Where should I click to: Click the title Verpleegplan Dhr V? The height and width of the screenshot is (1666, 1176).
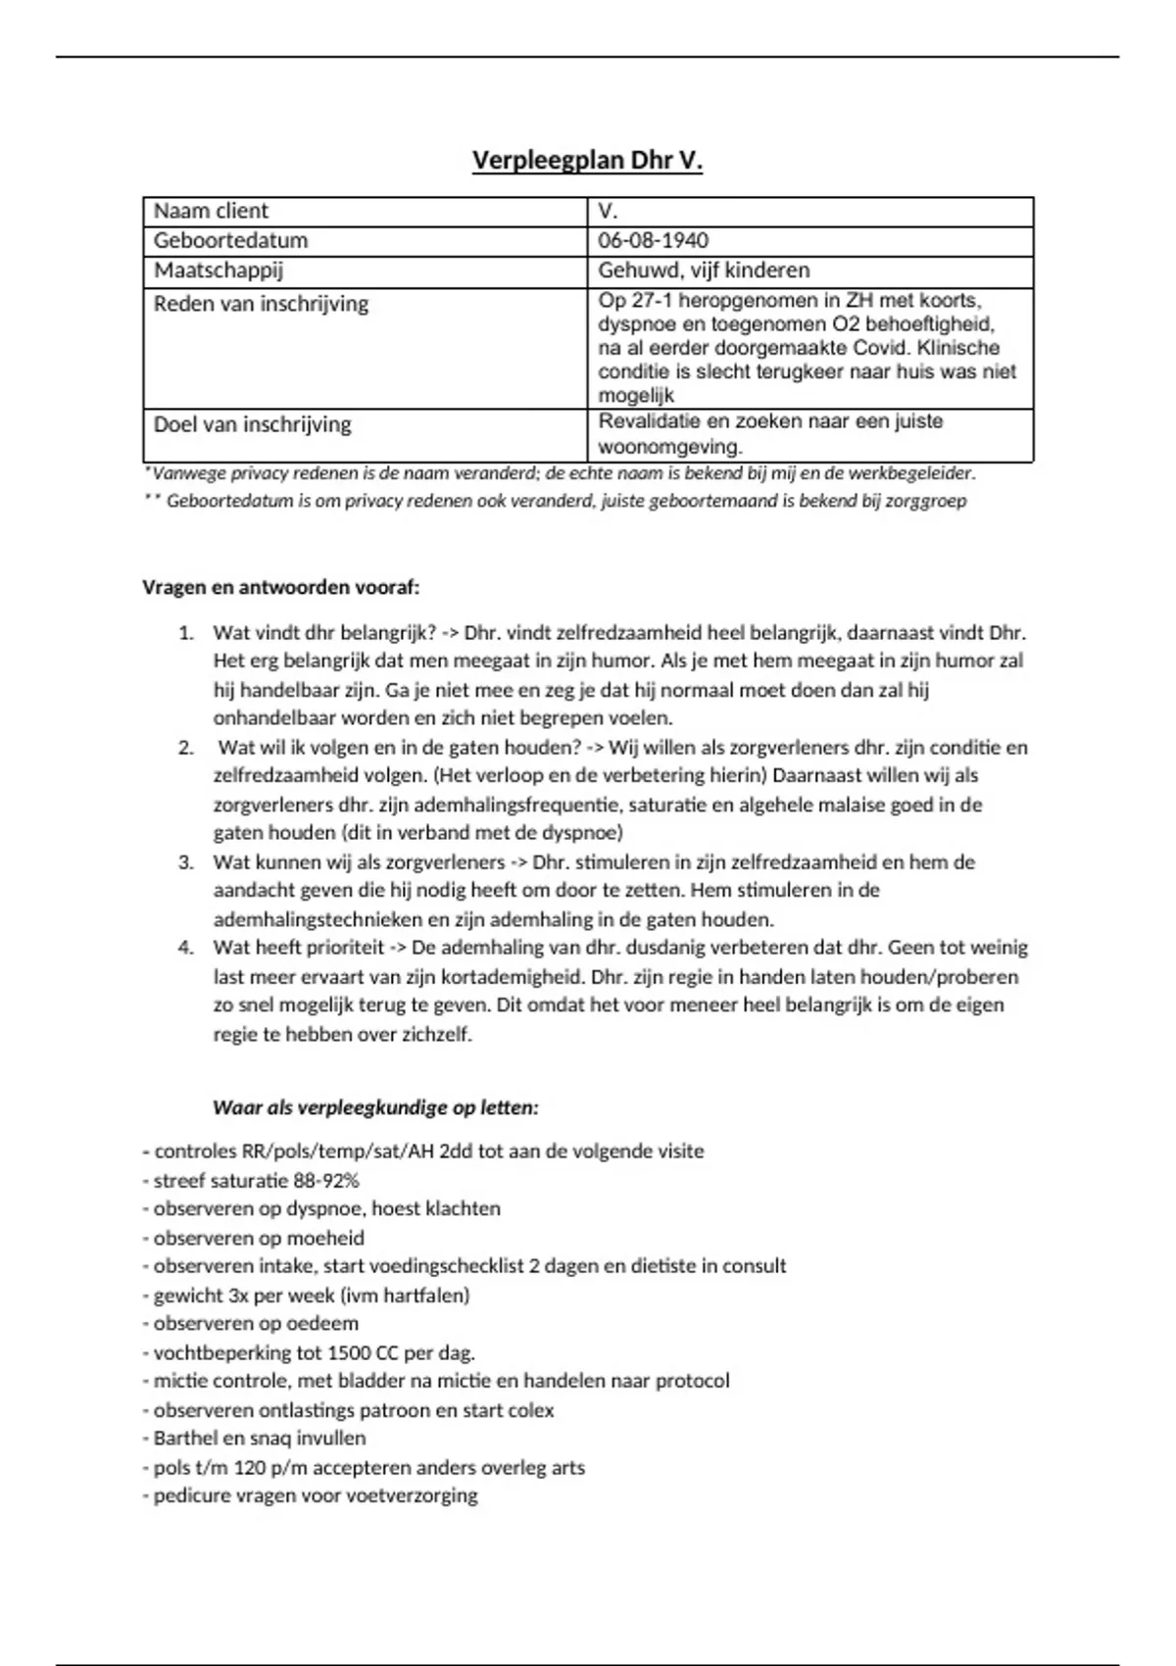(x=587, y=160)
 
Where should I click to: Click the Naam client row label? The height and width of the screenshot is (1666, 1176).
(x=211, y=212)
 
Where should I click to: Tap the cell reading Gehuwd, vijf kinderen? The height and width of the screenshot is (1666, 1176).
(x=704, y=270)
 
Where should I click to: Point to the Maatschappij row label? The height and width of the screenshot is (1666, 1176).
(x=219, y=270)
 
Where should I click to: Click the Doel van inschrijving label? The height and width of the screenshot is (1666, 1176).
(x=252, y=425)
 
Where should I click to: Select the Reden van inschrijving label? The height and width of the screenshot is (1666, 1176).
(x=261, y=304)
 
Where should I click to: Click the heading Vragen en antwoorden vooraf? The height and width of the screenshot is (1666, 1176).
(x=281, y=588)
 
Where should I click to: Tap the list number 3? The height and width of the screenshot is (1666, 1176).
(x=185, y=862)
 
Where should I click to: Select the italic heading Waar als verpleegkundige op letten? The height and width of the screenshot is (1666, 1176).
(x=375, y=1108)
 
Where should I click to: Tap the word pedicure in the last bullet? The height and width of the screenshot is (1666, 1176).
(x=191, y=1496)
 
